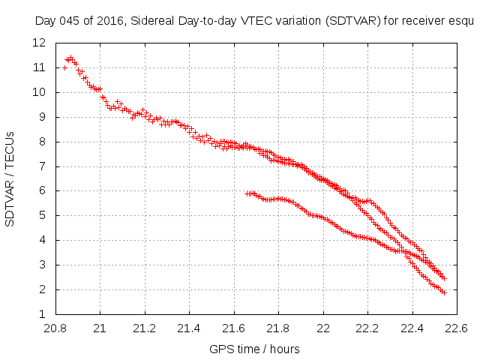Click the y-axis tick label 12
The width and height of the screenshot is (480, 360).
(x=39, y=43)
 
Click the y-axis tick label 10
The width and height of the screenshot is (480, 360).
(x=39, y=92)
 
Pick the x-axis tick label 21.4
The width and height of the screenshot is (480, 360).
(x=189, y=328)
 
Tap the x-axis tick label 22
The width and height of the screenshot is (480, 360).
(x=323, y=328)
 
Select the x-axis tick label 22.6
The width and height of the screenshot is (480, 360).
(x=457, y=328)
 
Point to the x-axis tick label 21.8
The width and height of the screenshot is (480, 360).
(x=278, y=328)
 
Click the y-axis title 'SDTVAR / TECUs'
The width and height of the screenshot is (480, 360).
(x=10, y=178)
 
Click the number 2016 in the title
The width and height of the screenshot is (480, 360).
(x=106, y=22)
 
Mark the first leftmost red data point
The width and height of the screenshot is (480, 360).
(x=64, y=67)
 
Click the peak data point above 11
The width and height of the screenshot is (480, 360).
(x=70, y=57)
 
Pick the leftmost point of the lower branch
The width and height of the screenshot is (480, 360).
(x=247, y=193)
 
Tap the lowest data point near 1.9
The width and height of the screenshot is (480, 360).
(x=444, y=292)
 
